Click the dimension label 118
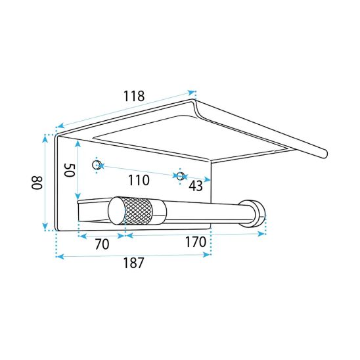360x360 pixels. click(134, 96)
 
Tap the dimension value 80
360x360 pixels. click(37, 183)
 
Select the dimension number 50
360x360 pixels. click(70, 170)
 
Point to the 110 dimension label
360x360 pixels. click(139, 180)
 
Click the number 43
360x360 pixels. click(196, 186)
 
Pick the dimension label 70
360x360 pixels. click(102, 244)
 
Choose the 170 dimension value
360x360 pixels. click(196, 242)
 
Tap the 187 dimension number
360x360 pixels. click(134, 263)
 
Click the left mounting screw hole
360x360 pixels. click(96, 165)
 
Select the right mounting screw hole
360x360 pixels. click(181, 176)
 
